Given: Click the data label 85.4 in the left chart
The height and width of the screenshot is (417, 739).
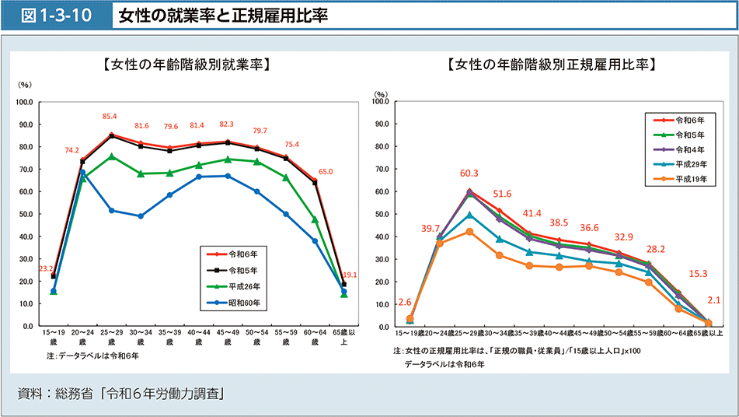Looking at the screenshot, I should coord(110,117).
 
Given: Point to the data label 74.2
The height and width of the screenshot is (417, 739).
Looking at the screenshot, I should coord(72,150).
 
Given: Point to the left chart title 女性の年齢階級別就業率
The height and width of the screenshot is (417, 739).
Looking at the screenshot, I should coord(185,65).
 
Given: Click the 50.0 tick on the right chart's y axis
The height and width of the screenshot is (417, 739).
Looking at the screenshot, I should coord(381,213).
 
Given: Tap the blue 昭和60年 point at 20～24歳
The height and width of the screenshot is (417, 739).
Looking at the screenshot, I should coord(82,173).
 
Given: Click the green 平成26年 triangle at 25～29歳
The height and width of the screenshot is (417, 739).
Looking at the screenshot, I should coord(111,156).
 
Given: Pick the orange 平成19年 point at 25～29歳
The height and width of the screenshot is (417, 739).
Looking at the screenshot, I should coord(469,232).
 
